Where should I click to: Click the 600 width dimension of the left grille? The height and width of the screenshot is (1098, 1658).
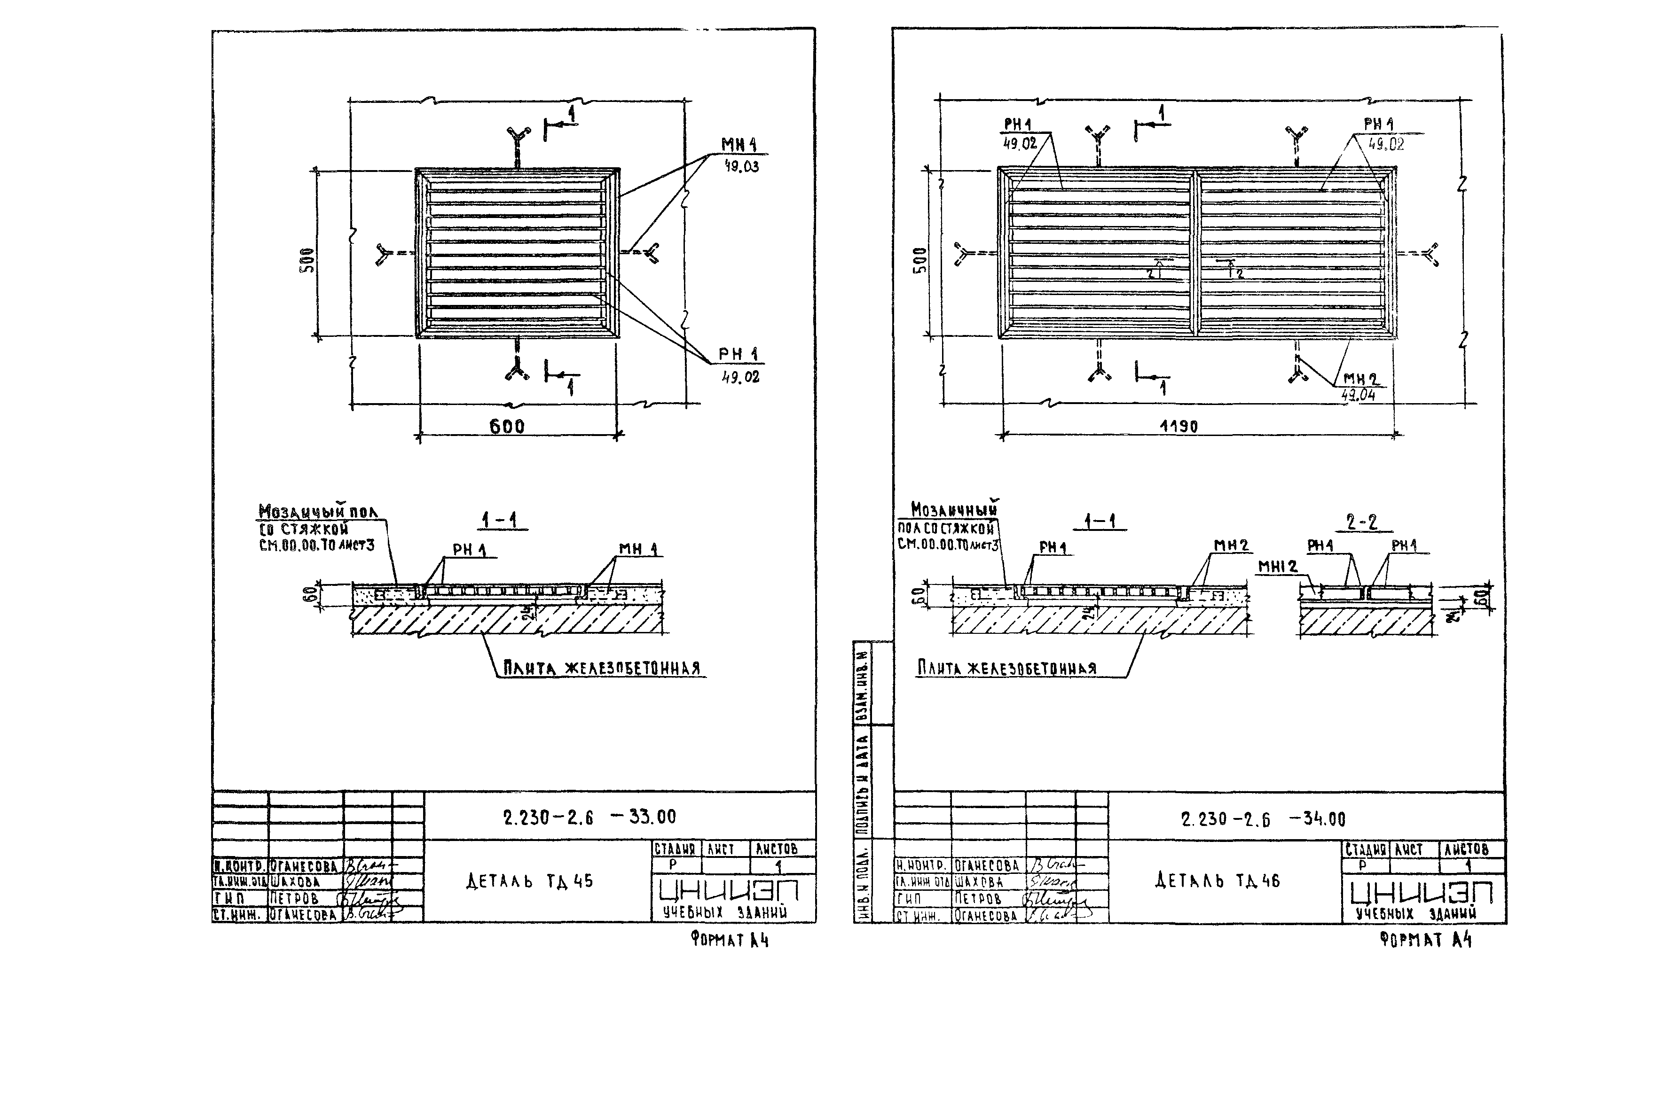point(506,426)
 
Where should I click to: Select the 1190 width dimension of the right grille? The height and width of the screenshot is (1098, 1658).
point(1179,426)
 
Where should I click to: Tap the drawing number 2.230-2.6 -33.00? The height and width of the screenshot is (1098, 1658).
point(589,817)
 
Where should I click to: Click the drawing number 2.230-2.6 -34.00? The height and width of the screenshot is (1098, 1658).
point(1263,818)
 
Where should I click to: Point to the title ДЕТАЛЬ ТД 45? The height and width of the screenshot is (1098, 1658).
point(529,881)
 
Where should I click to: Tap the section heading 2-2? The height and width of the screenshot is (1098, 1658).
point(1361,522)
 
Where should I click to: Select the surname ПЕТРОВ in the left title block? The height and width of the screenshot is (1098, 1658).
point(295,898)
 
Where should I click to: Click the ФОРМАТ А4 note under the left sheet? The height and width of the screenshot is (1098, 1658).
point(729,940)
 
